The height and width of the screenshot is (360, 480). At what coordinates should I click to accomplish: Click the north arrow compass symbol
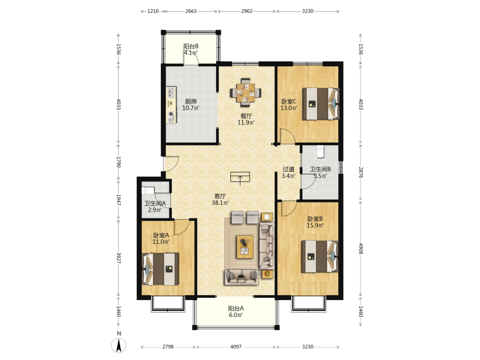119,346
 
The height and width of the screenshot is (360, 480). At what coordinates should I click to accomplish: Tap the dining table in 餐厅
245,93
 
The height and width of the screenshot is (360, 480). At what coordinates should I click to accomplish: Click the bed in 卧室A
160,269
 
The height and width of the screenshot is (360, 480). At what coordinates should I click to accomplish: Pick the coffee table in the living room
245,247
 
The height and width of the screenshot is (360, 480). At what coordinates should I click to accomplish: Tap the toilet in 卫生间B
320,152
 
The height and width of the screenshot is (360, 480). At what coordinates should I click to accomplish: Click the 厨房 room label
191,101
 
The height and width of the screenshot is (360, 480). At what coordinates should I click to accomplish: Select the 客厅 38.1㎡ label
220,199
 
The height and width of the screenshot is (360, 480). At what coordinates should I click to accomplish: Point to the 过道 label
288,169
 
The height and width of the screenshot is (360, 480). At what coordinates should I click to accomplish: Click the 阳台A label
236,308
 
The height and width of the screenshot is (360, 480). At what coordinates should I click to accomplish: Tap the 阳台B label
191,46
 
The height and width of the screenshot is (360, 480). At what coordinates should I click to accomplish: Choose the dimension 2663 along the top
191,11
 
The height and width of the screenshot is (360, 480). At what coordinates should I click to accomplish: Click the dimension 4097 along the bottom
236,347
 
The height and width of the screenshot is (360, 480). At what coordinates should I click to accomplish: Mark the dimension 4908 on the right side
360,249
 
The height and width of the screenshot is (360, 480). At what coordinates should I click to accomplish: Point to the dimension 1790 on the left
119,162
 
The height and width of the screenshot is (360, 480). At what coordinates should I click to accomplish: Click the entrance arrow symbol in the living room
240,178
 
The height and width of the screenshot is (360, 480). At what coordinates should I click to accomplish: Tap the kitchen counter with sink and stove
171,105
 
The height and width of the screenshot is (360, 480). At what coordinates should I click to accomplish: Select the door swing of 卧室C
287,136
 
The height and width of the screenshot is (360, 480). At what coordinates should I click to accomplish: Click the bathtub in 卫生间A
148,191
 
